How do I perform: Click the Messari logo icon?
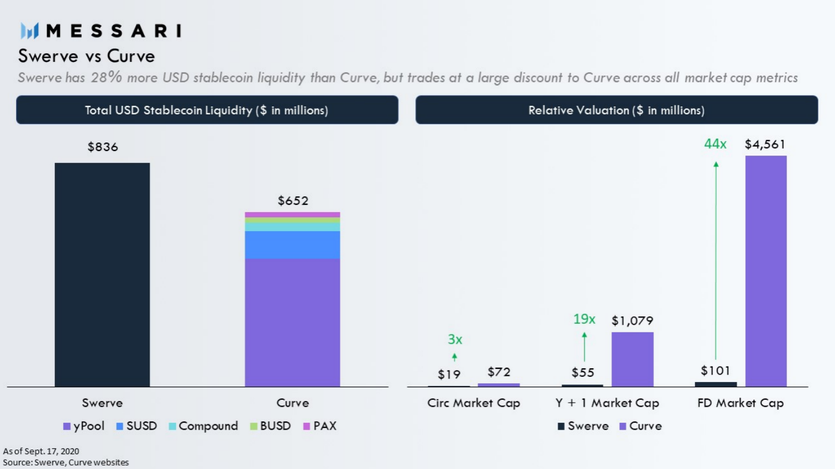tap(30, 31)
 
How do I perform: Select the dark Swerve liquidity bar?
tap(102, 275)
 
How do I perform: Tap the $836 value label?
tap(103, 147)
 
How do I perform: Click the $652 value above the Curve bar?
tap(293, 201)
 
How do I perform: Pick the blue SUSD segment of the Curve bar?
tap(292, 245)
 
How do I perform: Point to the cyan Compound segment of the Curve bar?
tap(292, 227)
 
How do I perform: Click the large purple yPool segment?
tap(292, 323)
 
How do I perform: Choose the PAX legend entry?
tap(320, 426)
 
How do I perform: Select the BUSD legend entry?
tap(270, 426)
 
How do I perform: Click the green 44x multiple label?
tap(715, 144)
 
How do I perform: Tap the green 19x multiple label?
tap(584, 319)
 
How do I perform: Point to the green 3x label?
tap(455, 339)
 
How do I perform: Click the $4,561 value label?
tap(765, 144)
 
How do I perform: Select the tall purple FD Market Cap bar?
tap(766, 271)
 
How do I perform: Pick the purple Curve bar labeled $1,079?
tap(633, 359)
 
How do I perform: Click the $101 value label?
tap(715, 371)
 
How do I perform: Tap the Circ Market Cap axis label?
tap(473, 403)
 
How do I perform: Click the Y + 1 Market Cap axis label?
tap(607, 403)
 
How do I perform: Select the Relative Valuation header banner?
tap(617, 110)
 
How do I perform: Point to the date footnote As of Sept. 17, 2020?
tap(41, 451)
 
